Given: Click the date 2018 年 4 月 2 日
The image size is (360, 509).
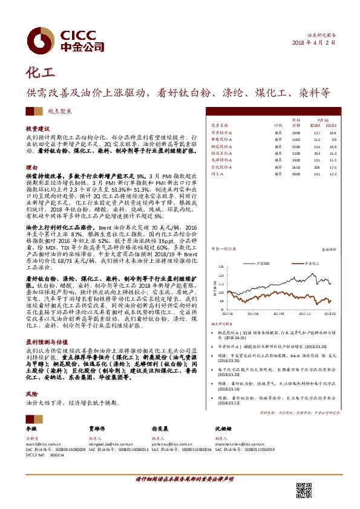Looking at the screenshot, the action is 313,42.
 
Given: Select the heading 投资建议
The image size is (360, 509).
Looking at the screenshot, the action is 36,129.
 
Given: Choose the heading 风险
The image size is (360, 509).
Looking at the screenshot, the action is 31,392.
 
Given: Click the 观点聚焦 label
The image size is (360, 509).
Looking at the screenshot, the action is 62,112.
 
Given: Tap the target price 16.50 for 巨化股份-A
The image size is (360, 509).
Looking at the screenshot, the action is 296,166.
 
